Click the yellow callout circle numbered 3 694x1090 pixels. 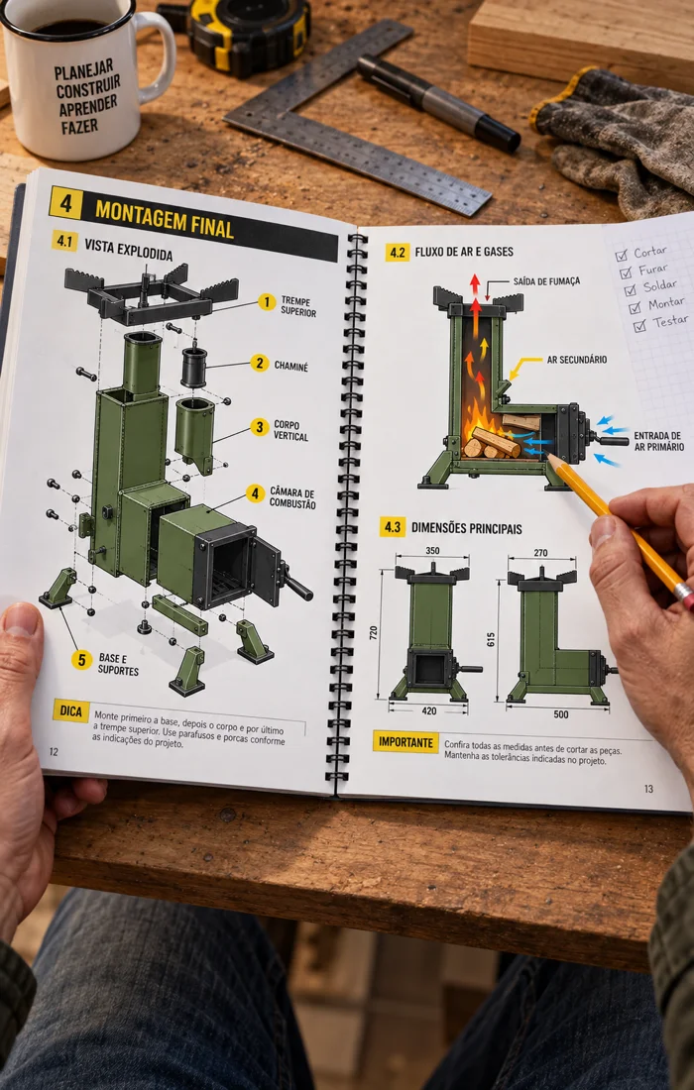[260, 427]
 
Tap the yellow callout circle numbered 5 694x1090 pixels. [81, 660]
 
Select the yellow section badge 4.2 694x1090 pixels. [398, 252]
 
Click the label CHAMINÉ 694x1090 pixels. [290, 367]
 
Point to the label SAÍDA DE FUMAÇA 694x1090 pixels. [546, 281]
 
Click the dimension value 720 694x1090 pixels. [374, 632]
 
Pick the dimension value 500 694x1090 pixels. [560, 713]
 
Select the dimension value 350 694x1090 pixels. [432, 551]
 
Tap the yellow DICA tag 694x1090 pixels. [71, 710]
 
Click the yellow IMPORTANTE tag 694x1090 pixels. [406, 742]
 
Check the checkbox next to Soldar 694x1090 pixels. [630, 289]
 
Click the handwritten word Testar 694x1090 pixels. [670, 321]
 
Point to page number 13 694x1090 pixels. [648, 789]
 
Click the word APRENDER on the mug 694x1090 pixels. [87, 106]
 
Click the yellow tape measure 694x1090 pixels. [240, 32]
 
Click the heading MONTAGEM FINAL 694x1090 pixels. [165, 219]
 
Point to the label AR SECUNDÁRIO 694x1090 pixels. [576, 360]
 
